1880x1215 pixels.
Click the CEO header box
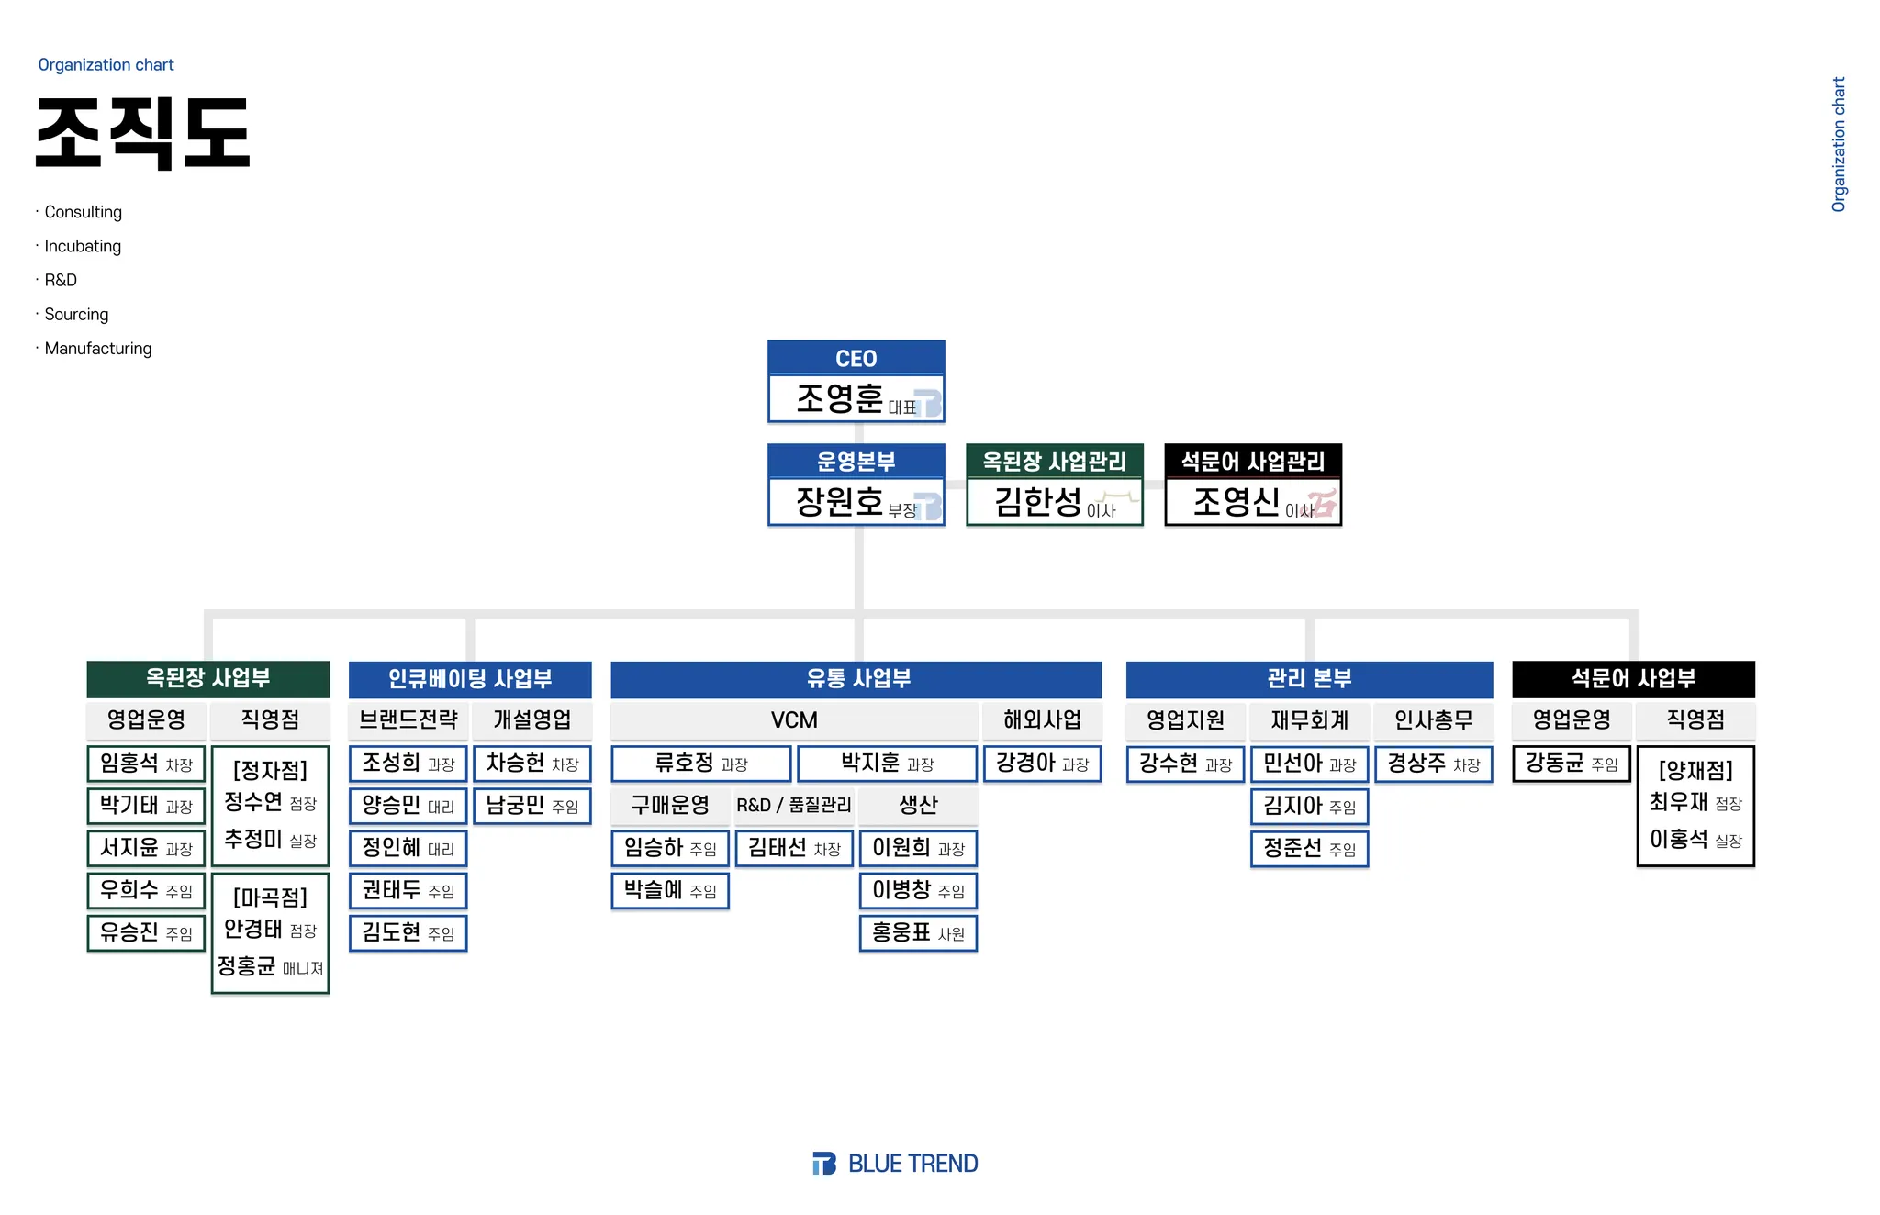pyautogui.click(x=856, y=358)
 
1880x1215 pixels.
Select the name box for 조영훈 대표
pyautogui.click(x=856, y=399)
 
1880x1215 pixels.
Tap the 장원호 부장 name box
pyautogui.click(x=856, y=502)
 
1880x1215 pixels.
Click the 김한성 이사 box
pyautogui.click(x=1054, y=502)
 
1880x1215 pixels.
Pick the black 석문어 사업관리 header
pyautogui.click(x=1253, y=461)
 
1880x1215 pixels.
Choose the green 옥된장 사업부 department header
pyautogui.click(x=207, y=678)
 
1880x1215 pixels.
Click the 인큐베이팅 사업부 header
pyautogui.click(x=469, y=679)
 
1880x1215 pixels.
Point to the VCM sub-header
pyautogui.click(x=794, y=720)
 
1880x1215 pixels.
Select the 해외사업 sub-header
pyautogui.click(x=1042, y=720)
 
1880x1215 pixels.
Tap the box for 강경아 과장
pyautogui.click(x=1042, y=764)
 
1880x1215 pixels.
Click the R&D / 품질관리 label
pyautogui.click(x=794, y=805)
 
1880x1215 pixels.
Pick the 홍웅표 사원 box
pyautogui.click(x=918, y=932)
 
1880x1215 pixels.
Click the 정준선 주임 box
pyautogui.click(x=1309, y=848)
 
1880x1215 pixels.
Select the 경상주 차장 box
pyautogui.click(x=1433, y=764)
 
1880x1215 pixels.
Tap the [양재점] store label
pyautogui.click(x=1695, y=770)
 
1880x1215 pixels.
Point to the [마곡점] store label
pyautogui.click(x=270, y=897)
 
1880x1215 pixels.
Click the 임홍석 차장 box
pyautogui.click(x=146, y=764)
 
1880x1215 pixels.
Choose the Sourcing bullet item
pyautogui.click(x=76, y=315)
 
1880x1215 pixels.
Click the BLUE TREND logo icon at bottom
pyautogui.click(x=823, y=1164)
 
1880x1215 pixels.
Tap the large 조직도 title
pyautogui.click(x=143, y=134)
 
